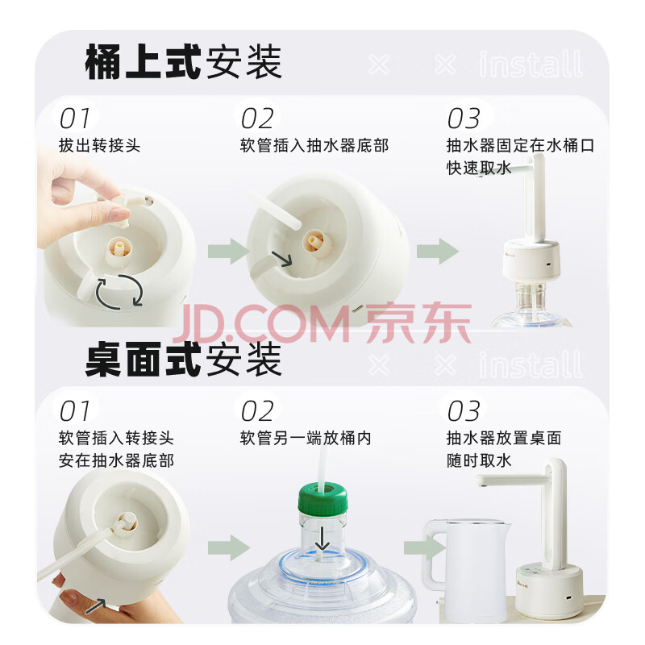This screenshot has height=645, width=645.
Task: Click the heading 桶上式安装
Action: point(183,62)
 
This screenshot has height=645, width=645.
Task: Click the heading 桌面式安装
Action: point(183,360)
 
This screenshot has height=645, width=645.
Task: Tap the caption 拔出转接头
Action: point(99,146)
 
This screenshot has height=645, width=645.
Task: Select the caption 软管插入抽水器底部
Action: point(314,146)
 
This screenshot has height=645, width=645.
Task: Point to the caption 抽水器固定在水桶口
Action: point(520,146)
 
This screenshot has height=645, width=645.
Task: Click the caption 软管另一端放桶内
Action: point(306,438)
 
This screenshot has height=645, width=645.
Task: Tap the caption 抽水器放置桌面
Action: point(504,438)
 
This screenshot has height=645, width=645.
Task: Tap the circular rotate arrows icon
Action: point(119,291)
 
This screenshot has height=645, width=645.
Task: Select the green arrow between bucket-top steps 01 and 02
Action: point(229,251)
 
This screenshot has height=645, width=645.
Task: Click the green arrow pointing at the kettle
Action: point(424,547)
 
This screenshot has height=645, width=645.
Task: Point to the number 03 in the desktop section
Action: point(464,411)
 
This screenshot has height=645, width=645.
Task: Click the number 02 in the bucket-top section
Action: point(257,119)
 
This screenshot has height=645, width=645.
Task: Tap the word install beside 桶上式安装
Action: point(531,64)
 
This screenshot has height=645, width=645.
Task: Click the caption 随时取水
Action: point(479,460)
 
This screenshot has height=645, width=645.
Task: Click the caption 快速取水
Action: point(479,168)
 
